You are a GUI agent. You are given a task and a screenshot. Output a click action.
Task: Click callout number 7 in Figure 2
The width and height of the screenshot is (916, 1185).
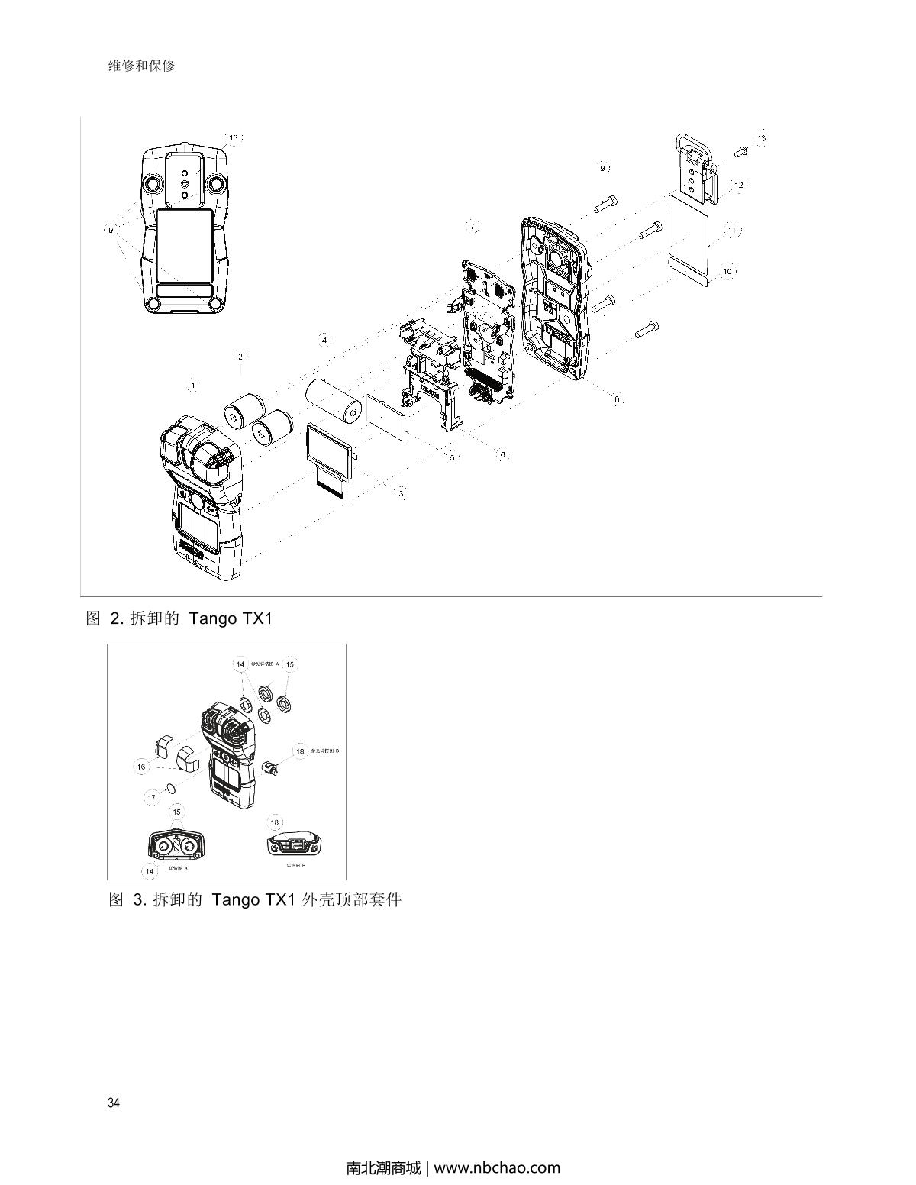point(473,226)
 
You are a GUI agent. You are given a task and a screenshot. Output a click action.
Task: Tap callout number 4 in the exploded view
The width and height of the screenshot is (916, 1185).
point(324,339)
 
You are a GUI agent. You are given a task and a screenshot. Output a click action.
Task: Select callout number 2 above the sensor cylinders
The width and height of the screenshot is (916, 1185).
point(240,357)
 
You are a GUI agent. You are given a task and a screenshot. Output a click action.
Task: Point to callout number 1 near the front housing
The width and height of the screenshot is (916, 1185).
point(193,386)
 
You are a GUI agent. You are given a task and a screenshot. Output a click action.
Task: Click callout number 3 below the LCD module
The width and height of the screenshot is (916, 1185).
point(401,493)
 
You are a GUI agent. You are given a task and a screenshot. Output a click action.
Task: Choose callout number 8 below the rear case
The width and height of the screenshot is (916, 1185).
point(617,399)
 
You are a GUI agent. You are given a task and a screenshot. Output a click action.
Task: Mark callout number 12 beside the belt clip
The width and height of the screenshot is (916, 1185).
point(738,186)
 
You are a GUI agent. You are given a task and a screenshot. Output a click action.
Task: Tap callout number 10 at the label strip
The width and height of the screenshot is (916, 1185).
point(727,271)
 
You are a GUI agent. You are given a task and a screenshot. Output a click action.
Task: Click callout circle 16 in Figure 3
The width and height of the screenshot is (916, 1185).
point(141,767)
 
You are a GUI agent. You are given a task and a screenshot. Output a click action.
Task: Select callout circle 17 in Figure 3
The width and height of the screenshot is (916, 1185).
point(152,797)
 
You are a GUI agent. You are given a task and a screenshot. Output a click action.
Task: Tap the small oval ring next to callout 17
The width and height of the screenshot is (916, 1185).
point(171,788)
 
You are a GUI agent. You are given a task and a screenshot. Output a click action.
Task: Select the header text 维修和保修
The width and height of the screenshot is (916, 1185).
point(142,66)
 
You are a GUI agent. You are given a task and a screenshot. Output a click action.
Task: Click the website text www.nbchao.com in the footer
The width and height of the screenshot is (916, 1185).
point(497,1167)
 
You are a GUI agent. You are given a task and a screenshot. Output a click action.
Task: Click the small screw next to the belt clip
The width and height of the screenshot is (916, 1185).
point(740,151)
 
